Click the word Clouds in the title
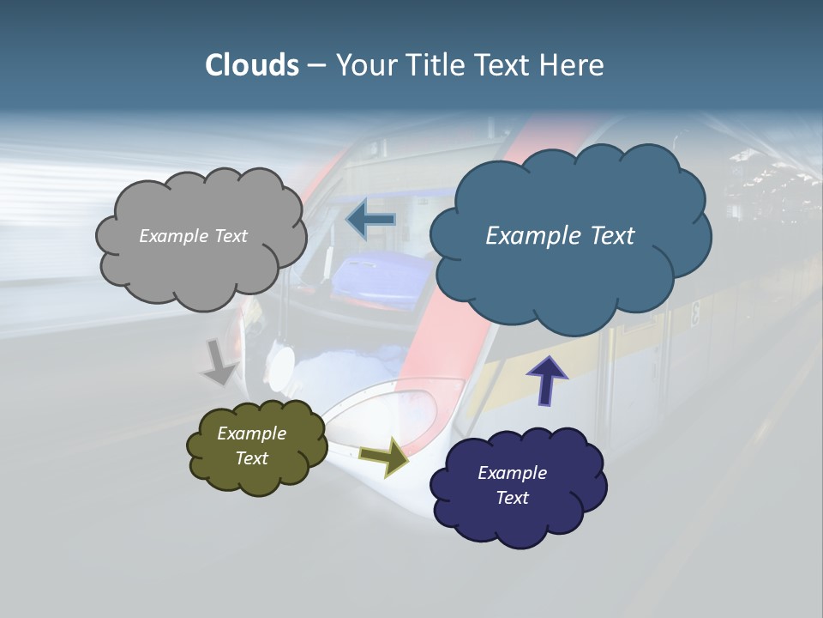(x=251, y=65)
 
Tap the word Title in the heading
(x=436, y=65)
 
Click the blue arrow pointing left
(x=370, y=220)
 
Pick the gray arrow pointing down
(x=219, y=362)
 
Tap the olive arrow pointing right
(x=384, y=456)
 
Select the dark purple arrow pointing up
(x=546, y=380)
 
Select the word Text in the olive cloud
(x=251, y=458)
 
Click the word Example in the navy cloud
(x=512, y=473)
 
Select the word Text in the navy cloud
(x=512, y=498)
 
